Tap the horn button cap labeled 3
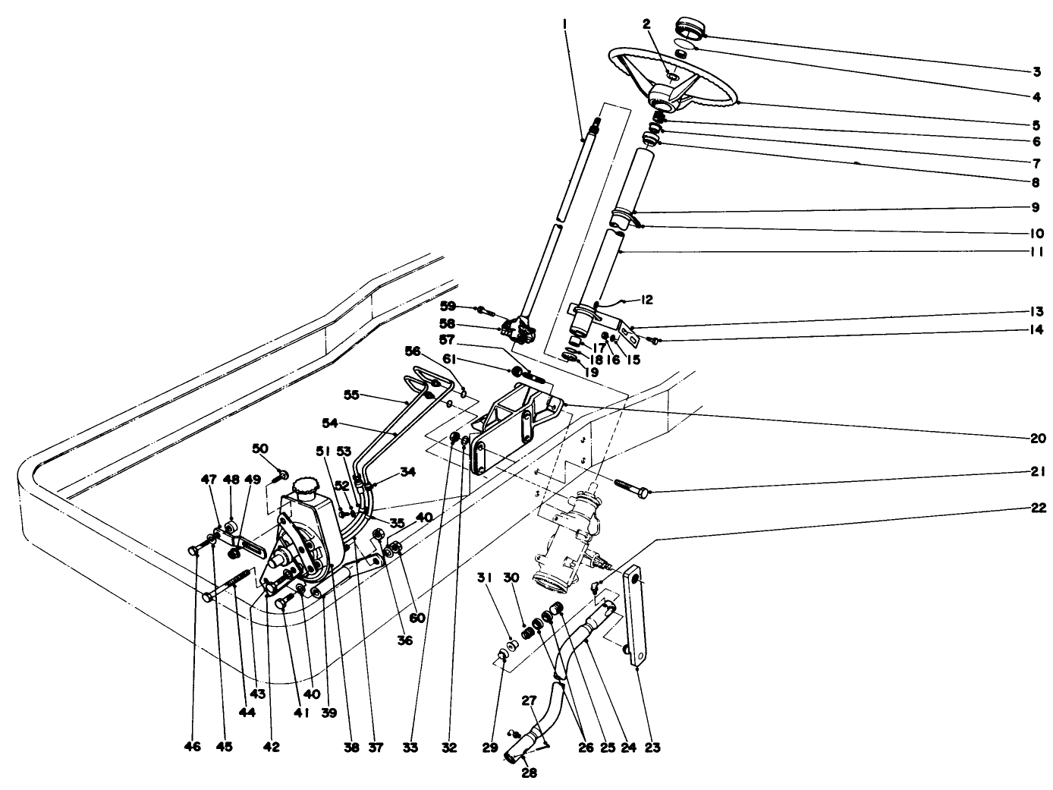coord(690,28)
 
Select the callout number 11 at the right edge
coord(1036,253)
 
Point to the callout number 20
coord(1036,439)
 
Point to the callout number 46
coord(192,748)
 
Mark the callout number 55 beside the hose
coord(352,395)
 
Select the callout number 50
coord(260,450)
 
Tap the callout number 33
coord(410,748)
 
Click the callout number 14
coord(1036,330)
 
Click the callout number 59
coord(448,306)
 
